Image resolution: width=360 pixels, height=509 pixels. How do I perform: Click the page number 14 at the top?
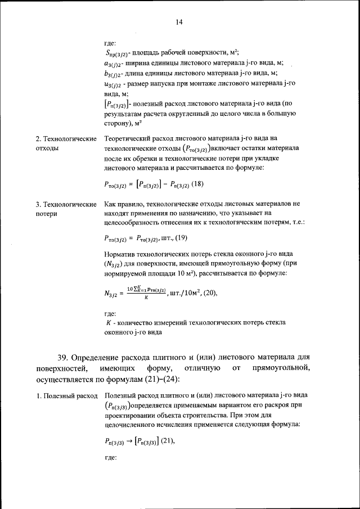pyautogui.click(x=179, y=22)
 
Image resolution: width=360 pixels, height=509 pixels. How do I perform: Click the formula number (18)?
pyautogui.click(x=197, y=184)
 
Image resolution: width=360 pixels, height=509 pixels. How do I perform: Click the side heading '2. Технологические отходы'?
pyautogui.click(x=65, y=143)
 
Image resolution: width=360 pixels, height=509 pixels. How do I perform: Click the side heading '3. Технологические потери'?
pyautogui.click(x=65, y=209)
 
